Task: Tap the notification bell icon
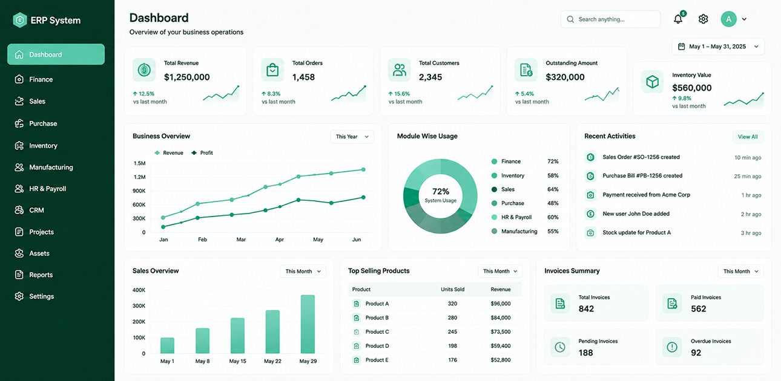[678, 19]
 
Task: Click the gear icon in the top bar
[704, 19]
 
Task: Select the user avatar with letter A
[729, 19]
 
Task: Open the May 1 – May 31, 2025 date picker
[718, 47]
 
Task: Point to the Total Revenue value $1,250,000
[187, 77]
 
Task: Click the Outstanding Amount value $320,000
[565, 77]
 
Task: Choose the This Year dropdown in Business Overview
[352, 137]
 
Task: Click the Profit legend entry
[202, 153]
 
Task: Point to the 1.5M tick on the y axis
[139, 163]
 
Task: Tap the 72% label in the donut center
[441, 192]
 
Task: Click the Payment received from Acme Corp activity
[647, 195]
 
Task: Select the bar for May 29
[308, 324]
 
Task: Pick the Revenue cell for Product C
[501, 332]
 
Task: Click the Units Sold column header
[453, 290]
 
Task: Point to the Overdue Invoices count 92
[696, 353]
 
